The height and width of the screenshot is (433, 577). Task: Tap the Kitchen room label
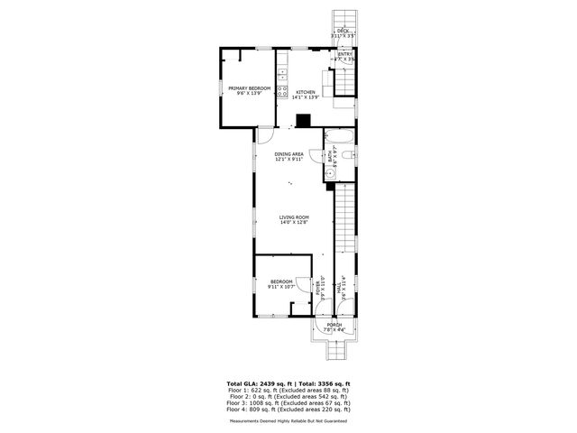pos(307,92)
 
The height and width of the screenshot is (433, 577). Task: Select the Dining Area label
pos(289,154)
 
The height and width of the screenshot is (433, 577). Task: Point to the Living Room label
pos(294,216)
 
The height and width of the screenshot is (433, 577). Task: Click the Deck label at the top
pos(343,31)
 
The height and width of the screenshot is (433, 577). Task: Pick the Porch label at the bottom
pos(334,325)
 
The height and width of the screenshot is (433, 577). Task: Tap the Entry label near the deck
pos(344,54)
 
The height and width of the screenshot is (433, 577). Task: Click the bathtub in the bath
pos(340,138)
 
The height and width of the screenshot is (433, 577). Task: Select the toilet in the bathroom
pos(350,157)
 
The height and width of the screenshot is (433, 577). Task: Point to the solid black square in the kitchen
pos(304,119)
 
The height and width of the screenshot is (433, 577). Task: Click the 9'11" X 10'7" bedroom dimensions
pos(281,287)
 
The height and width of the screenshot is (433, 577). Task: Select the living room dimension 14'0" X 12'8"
pos(294,222)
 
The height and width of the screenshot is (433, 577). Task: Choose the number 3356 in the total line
pos(322,383)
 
